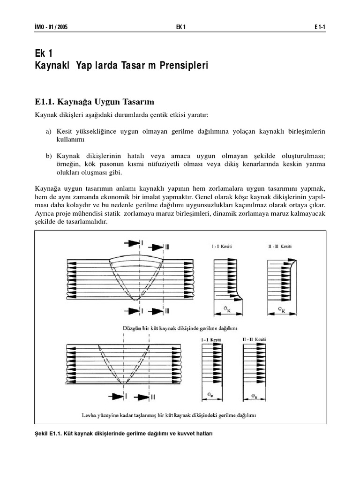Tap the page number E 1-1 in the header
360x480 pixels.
320,27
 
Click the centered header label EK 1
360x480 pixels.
180,27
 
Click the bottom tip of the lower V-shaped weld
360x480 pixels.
123,384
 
